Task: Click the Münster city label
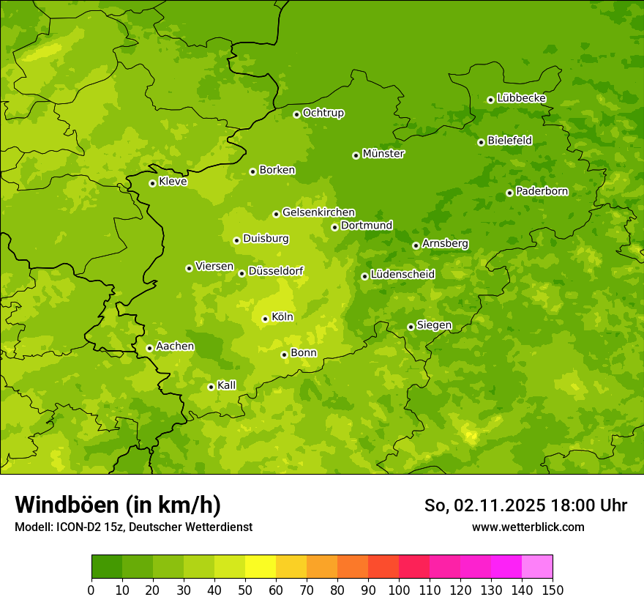(383, 154)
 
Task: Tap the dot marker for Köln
(265, 319)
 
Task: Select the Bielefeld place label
(509, 140)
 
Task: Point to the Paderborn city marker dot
(509, 193)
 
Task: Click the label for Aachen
(175, 346)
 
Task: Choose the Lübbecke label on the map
(521, 98)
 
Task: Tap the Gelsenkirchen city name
(318, 212)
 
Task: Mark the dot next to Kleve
(152, 183)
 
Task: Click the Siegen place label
(434, 325)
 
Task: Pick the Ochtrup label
(323, 113)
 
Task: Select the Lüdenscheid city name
(402, 275)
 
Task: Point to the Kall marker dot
(211, 387)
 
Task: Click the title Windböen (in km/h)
(118, 505)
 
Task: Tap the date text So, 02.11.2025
(484, 505)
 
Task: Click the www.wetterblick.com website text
(528, 527)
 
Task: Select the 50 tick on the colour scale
(245, 590)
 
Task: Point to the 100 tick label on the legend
(399, 590)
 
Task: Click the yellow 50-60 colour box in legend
(261, 567)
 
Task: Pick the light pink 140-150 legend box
(537, 567)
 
